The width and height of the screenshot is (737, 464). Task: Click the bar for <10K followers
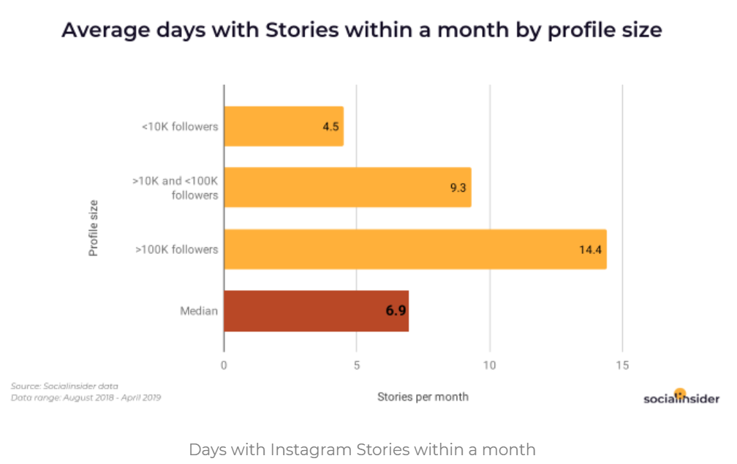[283, 126]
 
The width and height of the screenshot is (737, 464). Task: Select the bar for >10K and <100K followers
[347, 187]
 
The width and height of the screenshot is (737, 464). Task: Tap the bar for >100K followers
[415, 249]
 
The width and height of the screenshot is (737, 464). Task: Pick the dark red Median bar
[315, 311]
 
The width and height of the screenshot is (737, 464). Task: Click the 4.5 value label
[330, 127]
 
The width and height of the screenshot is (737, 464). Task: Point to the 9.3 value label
[458, 188]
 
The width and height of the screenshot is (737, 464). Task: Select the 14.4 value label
[590, 250]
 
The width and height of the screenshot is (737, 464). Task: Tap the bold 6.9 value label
[396, 311]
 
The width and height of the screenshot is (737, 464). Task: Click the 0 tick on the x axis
[224, 365]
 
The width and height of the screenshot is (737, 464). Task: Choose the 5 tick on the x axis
[357, 365]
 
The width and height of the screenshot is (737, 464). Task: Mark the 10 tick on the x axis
[490, 365]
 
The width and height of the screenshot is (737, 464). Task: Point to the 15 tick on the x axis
[622, 365]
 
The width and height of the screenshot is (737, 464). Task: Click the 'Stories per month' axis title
[423, 397]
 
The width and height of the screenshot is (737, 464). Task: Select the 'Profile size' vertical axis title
[94, 228]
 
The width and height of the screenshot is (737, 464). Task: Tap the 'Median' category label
[199, 311]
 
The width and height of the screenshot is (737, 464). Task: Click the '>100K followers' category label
[176, 250]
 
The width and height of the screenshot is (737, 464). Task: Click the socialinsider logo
[681, 397]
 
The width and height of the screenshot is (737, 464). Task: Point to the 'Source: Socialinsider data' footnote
[64, 386]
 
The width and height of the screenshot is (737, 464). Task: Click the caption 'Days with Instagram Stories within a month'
[362, 449]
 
